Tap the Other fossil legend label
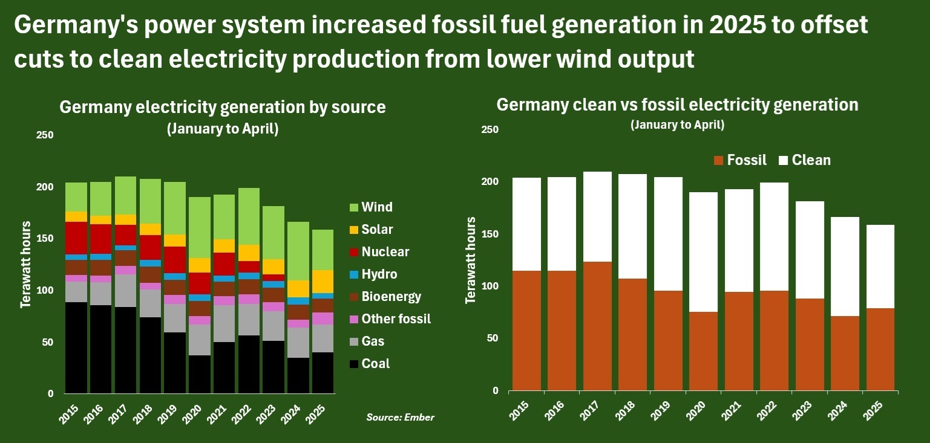pyautogui.click(x=396, y=319)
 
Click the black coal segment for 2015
pyautogui.click(x=76, y=348)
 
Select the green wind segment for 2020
pyautogui.click(x=200, y=227)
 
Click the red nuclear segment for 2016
pyautogui.click(x=101, y=239)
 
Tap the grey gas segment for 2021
pyautogui.click(x=224, y=323)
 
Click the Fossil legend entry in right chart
pyautogui.click(x=740, y=160)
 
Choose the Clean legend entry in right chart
pyautogui.click(x=805, y=160)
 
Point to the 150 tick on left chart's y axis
pyautogui.click(x=45, y=239)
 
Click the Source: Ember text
pyautogui.click(x=400, y=418)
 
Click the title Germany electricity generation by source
pyautogui.click(x=222, y=108)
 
